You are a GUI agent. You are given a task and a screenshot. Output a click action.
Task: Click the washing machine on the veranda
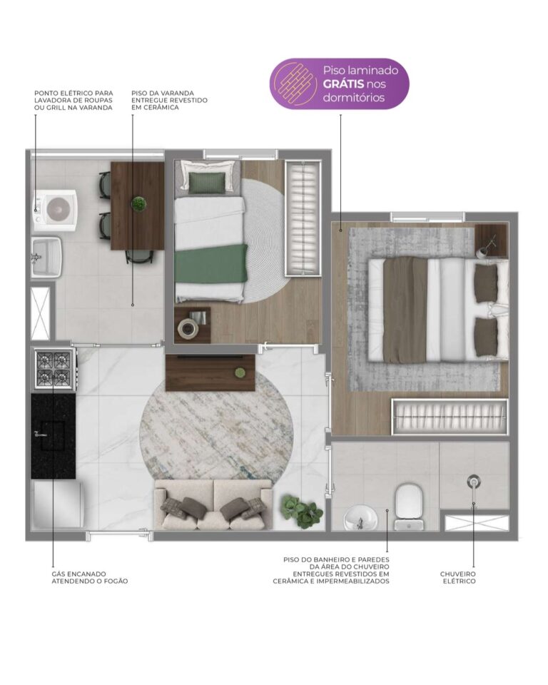click(56, 210)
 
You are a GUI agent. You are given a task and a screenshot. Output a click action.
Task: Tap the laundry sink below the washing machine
click(47, 258)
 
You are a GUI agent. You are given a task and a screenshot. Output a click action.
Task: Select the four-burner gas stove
click(54, 369)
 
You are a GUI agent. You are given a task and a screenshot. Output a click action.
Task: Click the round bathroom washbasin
click(361, 518)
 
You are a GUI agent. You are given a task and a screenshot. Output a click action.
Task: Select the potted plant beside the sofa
click(300, 509)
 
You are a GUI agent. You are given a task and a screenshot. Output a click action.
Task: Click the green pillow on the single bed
click(207, 182)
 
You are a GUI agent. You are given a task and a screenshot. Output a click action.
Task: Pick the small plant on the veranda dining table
click(139, 203)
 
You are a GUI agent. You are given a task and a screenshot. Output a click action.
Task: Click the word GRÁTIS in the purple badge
click(343, 84)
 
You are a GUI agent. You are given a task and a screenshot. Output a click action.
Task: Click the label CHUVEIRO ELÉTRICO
click(458, 577)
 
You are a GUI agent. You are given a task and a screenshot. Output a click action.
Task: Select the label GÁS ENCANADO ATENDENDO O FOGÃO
click(90, 577)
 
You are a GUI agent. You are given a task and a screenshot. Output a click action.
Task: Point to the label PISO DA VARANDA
click(163, 93)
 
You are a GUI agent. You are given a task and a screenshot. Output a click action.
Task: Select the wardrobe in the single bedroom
click(303, 218)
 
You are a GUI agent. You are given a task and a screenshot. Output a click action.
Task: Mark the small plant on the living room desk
click(239, 373)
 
